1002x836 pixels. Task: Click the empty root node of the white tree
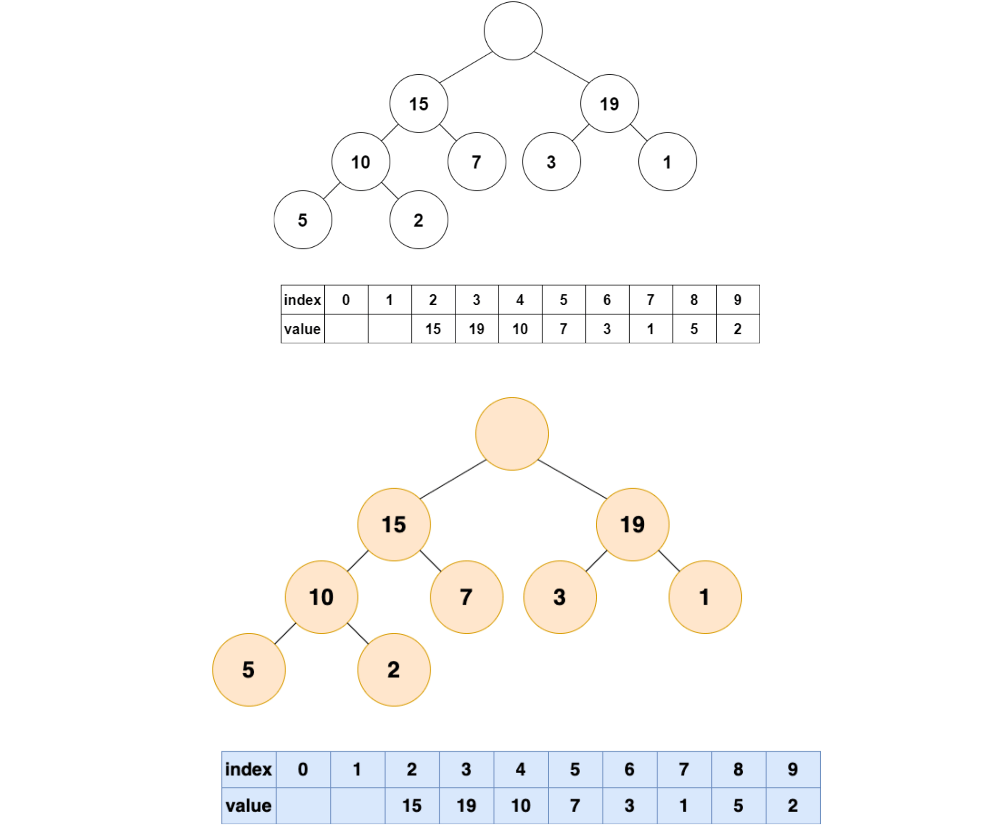tap(513, 31)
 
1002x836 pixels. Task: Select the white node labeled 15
tap(418, 103)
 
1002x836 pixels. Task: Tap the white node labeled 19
tap(609, 103)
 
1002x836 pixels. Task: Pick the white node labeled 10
tap(361, 162)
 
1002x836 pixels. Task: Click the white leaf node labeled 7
tap(477, 162)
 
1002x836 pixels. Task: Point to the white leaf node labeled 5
tap(302, 219)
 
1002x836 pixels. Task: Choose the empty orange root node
tap(512, 434)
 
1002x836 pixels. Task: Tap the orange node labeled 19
tap(632, 525)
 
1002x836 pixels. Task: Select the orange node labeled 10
tap(321, 597)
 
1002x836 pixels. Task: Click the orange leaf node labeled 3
tap(560, 597)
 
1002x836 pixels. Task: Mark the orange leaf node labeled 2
tap(394, 669)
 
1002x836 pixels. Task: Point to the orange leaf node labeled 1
tap(705, 597)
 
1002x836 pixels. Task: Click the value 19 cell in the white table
tap(477, 329)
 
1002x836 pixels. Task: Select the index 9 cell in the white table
tap(738, 300)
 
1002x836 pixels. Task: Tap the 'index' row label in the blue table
tap(248, 769)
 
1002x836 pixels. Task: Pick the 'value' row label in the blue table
tap(248, 805)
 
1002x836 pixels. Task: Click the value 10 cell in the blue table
tap(521, 805)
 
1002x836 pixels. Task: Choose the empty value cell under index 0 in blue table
tap(303, 805)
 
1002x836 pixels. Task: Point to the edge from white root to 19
tap(561, 67)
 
